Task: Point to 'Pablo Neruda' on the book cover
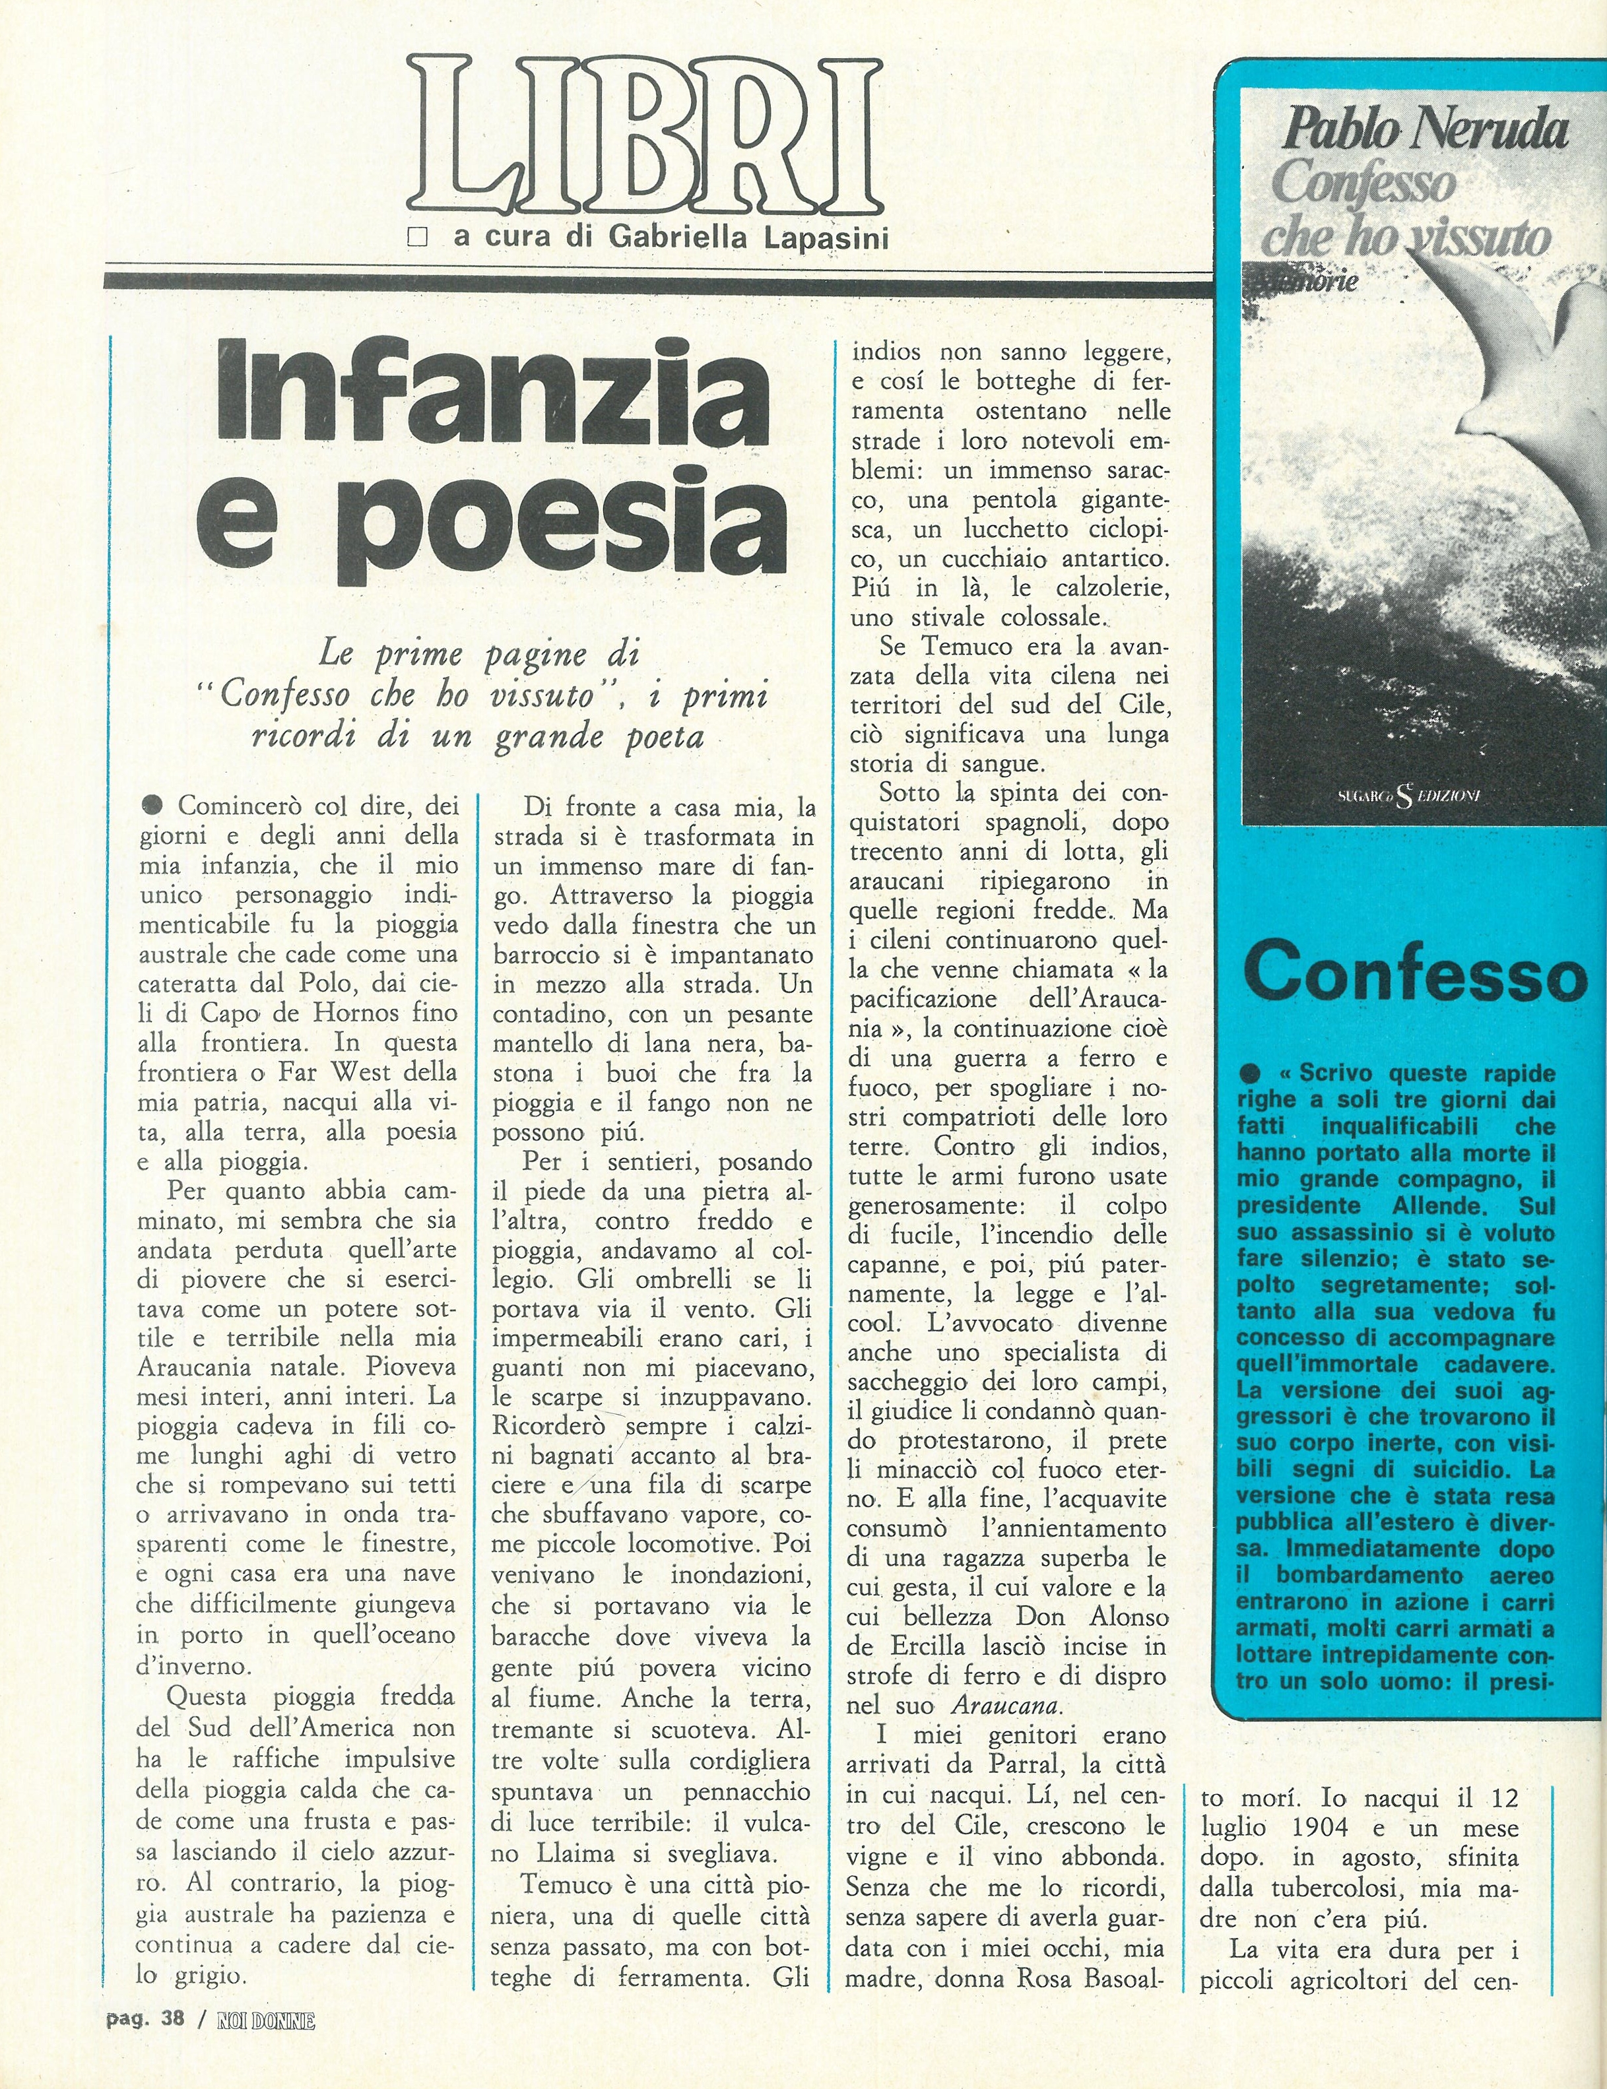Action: click(x=1424, y=129)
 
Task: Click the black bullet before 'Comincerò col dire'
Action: click(x=152, y=804)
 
